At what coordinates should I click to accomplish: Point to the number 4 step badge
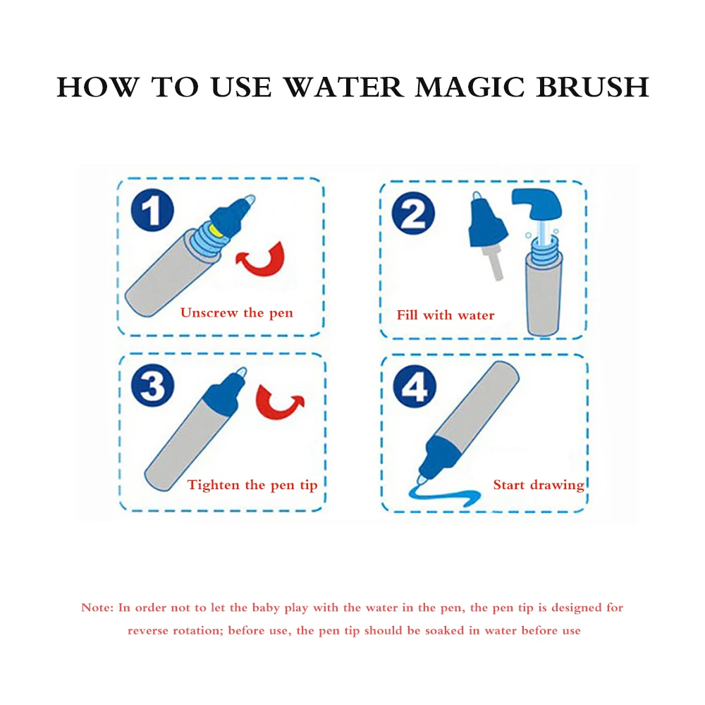414,386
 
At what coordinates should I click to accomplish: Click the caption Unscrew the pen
236,312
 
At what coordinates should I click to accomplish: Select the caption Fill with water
446,315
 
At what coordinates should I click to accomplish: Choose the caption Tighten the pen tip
252,485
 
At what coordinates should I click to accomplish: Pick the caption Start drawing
539,485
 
